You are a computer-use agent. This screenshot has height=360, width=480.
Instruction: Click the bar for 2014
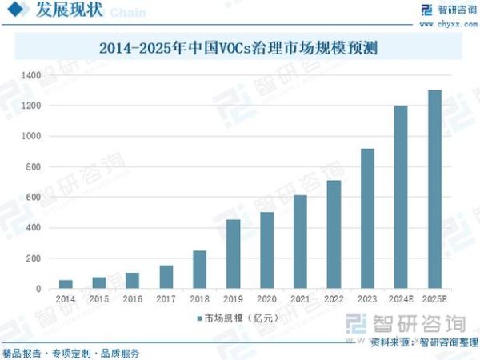click(x=66, y=284)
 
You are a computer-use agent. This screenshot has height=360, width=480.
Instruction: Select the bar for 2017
click(x=166, y=277)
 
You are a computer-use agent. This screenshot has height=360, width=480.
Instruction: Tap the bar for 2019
click(x=233, y=254)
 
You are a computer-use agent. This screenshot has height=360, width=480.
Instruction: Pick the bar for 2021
click(x=300, y=242)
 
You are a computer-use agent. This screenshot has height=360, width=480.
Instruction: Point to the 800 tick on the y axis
click(x=33, y=167)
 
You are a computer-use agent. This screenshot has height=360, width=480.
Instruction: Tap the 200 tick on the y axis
click(x=33, y=258)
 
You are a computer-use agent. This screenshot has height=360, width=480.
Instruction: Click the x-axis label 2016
click(x=132, y=298)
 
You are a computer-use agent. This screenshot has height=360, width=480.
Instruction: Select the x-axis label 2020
click(x=266, y=298)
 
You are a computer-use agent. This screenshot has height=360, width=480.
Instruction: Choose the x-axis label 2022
click(x=334, y=298)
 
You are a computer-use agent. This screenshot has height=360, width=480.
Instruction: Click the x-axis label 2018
click(x=199, y=298)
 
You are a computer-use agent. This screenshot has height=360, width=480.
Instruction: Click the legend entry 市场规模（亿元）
click(x=240, y=318)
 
